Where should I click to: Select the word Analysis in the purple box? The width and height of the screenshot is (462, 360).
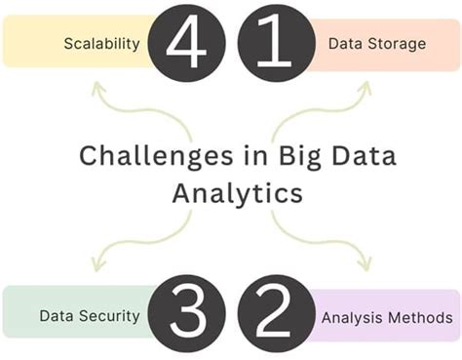[x=352, y=317]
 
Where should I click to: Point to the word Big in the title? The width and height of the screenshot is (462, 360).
[x=279, y=157]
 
